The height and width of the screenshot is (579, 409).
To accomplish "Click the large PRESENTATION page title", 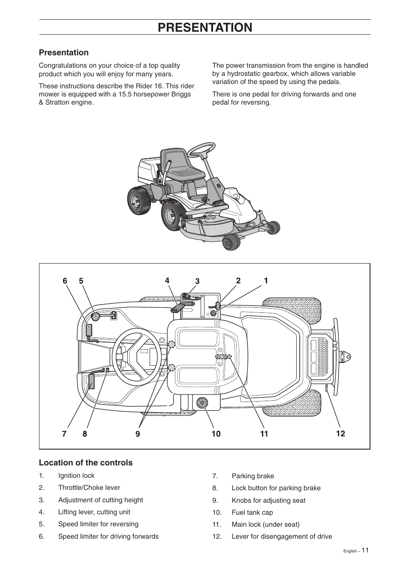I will (x=205, y=27).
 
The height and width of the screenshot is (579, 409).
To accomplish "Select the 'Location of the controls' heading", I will (x=86, y=462).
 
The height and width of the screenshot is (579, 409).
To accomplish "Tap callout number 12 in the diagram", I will (x=340, y=434).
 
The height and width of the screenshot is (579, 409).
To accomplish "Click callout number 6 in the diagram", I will (x=65, y=281).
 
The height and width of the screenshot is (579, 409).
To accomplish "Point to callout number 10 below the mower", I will (x=216, y=434).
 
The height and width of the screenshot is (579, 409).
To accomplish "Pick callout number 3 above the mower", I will (x=197, y=281).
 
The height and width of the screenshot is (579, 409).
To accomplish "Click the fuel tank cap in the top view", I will (x=201, y=402).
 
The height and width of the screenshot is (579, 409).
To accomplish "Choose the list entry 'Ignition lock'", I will (x=76, y=476).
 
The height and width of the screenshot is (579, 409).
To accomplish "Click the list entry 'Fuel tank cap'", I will (x=252, y=513).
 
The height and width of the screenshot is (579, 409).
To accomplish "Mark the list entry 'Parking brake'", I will (x=253, y=476).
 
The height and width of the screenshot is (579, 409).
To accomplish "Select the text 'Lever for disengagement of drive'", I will (x=282, y=537).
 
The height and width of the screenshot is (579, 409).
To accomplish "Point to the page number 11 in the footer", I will (x=364, y=550).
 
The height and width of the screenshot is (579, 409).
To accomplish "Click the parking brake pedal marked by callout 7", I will (x=91, y=381).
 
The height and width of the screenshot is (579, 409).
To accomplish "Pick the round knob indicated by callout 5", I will (x=96, y=316).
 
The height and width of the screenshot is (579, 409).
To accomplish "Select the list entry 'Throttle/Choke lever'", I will (x=89, y=488).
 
